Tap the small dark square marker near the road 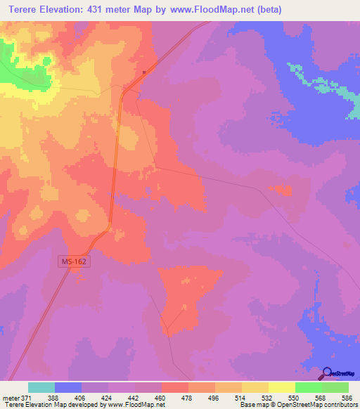pyautogui.click(x=144, y=72)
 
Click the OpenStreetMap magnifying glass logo pyautogui.click(x=328, y=375)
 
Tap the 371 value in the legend pyautogui.click(x=26, y=398)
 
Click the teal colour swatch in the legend pyautogui.click(x=41, y=387)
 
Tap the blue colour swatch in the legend pyautogui.click(x=68, y=387)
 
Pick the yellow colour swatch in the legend pyautogui.click(x=282, y=387)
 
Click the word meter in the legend pyautogui.click(x=10, y=398)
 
